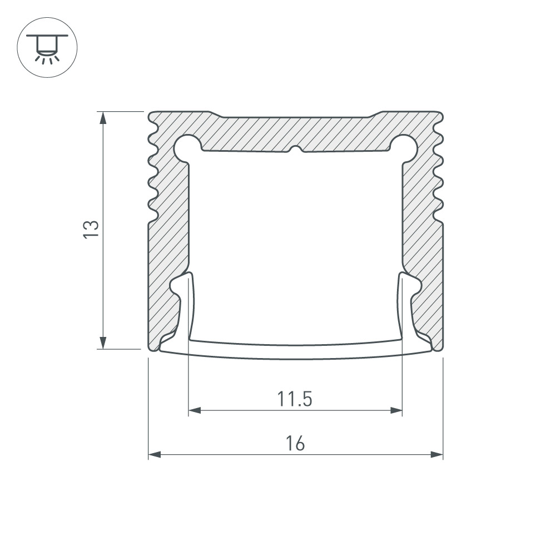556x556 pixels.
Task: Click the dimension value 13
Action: (91, 229)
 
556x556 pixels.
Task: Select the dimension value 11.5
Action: (294, 399)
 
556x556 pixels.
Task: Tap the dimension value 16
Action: (295, 443)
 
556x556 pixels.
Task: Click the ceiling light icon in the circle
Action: (47, 48)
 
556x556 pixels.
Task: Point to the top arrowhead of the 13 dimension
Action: (103, 118)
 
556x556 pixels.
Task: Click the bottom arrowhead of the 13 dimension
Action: (103, 342)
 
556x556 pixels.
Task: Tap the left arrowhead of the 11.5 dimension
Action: (195, 411)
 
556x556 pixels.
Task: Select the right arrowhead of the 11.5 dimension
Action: (396, 411)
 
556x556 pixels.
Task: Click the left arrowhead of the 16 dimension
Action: (155, 455)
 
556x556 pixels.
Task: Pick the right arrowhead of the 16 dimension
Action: (437, 455)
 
